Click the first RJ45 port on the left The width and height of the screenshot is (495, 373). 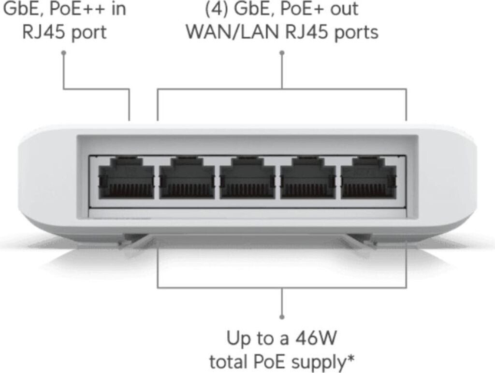126,178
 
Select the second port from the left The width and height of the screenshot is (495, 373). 187,178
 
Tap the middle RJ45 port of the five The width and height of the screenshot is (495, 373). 247,178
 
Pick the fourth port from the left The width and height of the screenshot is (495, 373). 308,178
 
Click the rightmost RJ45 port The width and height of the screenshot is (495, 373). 368,178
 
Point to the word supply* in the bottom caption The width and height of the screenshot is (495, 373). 325,361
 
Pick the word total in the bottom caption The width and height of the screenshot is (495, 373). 230,361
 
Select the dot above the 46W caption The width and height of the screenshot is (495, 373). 282,317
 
